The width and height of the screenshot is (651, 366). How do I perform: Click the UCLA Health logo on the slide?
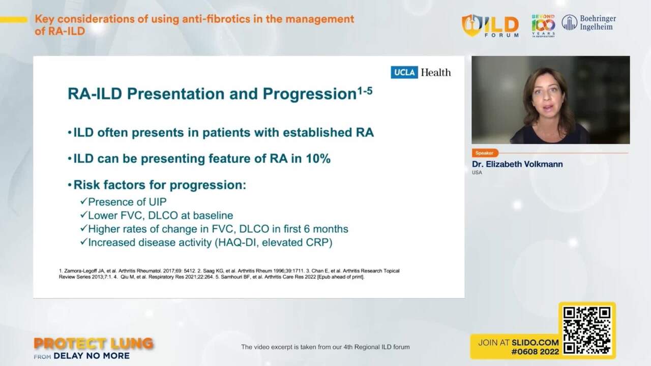point(421,72)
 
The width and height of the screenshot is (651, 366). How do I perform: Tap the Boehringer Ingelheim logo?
point(588,23)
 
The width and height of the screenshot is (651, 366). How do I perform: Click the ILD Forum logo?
point(490,25)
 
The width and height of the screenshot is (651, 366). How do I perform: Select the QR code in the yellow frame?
point(586,330)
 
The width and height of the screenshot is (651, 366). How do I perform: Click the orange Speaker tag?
point(484,153)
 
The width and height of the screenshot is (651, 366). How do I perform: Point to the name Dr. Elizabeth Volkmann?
point(517,164)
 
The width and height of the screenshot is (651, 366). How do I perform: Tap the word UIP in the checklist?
point(157,202)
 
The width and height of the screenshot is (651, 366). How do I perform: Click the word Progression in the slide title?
point(309,94)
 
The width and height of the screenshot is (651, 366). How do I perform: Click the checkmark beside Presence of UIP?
point(83,202)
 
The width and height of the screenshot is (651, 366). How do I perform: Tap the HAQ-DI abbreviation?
point(235,242)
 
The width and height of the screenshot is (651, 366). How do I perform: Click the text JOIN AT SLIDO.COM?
point(518,343)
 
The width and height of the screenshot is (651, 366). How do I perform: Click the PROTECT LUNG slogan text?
point(94,344)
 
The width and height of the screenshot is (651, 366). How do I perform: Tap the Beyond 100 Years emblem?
point(543,25)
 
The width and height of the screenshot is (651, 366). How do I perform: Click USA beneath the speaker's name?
point(477,173)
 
